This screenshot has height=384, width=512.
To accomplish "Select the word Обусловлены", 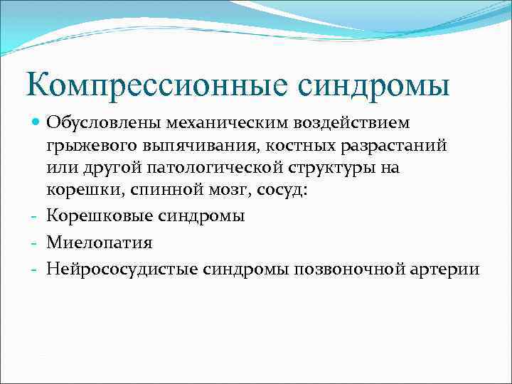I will pyautogui.click(x=104, y=123).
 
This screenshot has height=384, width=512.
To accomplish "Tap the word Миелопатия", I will pyautogui.click(x=99, y=242).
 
